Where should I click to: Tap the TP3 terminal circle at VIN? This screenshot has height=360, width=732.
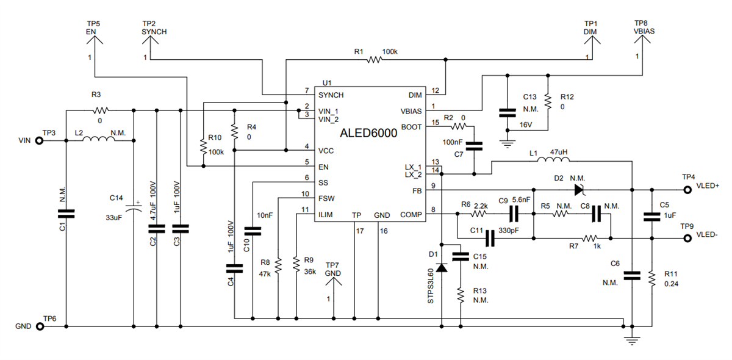point(40,140)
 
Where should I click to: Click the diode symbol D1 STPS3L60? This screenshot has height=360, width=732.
point(441,267)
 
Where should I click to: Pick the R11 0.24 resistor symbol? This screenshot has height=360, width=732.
point(651,278)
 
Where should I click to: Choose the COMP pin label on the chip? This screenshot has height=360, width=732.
point(411,214)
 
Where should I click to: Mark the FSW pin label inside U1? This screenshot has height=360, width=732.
point(326,198)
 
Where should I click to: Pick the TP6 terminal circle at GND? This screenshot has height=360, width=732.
point(40,326)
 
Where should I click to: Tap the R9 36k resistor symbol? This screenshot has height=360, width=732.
point(296,264)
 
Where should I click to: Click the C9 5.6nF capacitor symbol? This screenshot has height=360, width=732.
point(514,214)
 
